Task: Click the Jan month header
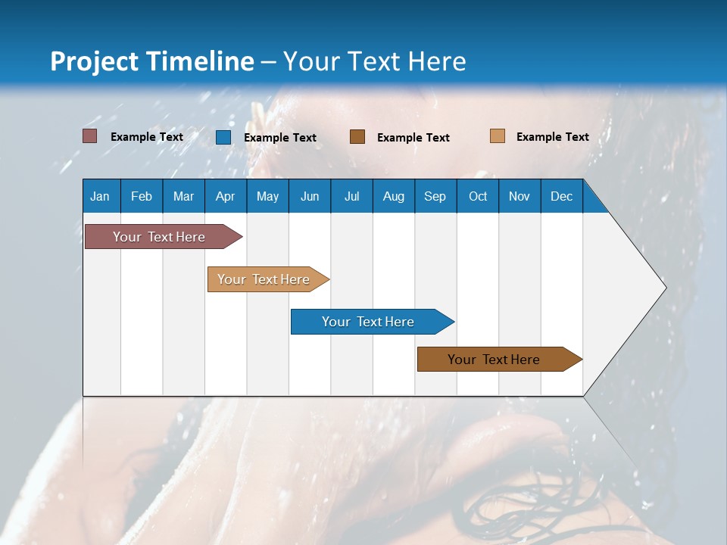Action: [101, 196]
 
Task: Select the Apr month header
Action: [226, 196]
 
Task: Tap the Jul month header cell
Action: [351, 196]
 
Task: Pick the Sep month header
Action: [435, 196]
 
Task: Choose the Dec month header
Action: [561, 196]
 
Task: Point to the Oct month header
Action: [478, 196]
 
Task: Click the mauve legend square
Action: [90, 136]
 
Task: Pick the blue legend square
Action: [223, 137]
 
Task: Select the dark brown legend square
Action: [357, 137]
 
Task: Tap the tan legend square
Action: [498, 136]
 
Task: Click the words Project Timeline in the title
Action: [152, 61]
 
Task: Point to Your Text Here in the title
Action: [374, 61]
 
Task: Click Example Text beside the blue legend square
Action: [280, 138]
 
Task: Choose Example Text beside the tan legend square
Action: [552, 137]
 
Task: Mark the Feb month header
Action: [142, 196]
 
